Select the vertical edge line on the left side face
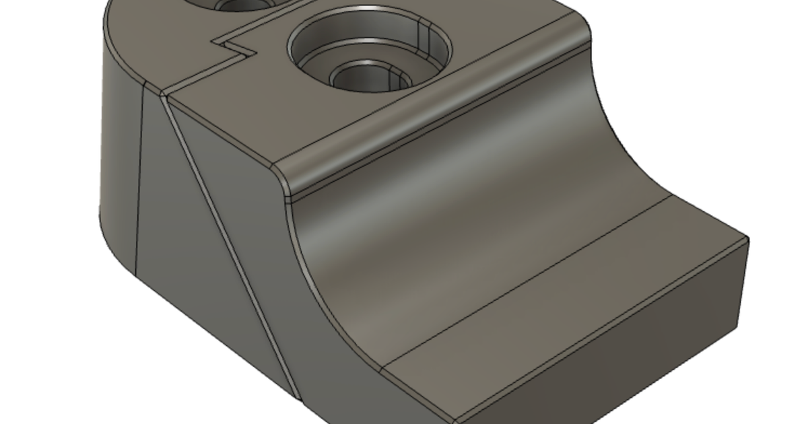point(139,182)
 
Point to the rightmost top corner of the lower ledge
point(748,238)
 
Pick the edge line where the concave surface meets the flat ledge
point(525,283)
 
